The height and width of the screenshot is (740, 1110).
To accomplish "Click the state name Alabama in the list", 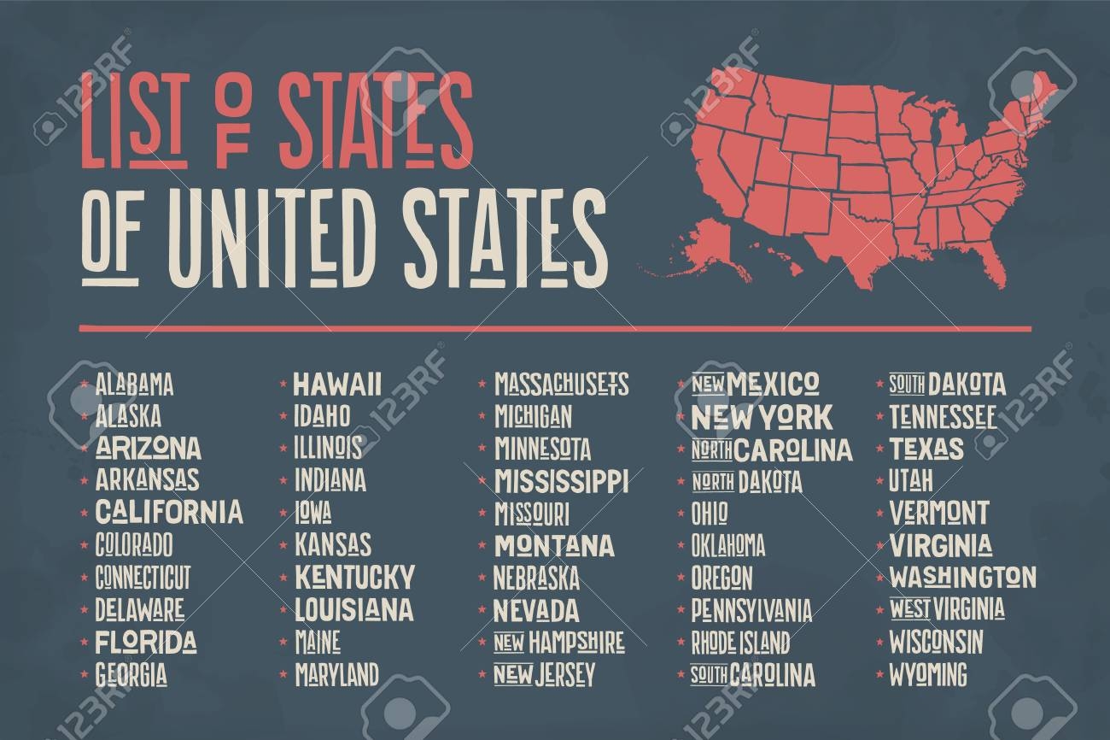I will tap(135, 385).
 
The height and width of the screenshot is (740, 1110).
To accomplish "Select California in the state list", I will tap(169, 512).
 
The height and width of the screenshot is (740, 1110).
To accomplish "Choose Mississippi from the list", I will tap(562, 480).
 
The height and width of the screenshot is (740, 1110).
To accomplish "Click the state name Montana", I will tap(554, 545).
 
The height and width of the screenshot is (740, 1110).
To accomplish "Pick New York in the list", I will tap(761, 417).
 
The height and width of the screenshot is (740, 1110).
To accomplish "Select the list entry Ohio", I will tap(710, 513).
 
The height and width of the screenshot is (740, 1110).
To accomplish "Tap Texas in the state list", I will tap(926, 449).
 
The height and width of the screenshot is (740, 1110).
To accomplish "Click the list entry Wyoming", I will tap(928, 673).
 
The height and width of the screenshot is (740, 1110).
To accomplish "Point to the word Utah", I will tap(910, 480).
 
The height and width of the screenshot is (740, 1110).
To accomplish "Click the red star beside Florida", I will tap(84, 642).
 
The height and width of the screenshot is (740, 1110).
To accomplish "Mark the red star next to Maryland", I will tap(283, 674).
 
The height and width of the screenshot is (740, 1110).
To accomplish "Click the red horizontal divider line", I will tap(555, 327).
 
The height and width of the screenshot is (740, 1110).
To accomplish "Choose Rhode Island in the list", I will tap(739, 641).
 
